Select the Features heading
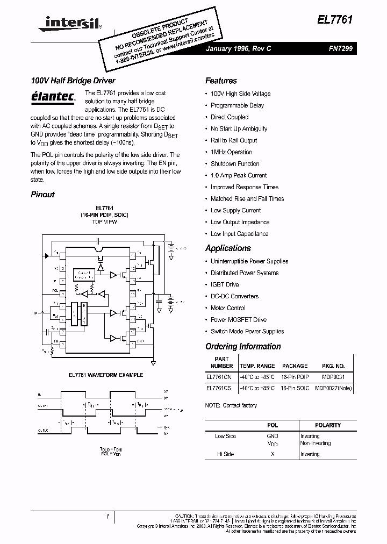pos(221,81)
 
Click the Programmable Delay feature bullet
pos(237,105)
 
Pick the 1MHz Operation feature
pos(231,152)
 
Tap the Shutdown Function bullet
pos(235,164)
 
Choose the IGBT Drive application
pos(225,284)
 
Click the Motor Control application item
pos(228,308)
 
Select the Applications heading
pos(228,248)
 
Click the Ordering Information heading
pos(243,347)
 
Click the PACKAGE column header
pos(295,366)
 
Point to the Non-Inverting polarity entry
pos(316,443)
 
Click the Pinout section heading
pos(42,195)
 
